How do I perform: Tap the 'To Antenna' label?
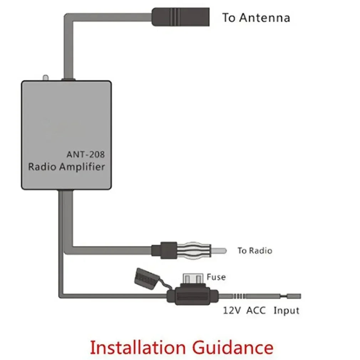click(x=256, y=17)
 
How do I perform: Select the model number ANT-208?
click(x=86, y=155)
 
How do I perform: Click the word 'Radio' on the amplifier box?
click(x=42, y=167)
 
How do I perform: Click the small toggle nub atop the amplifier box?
click(x=45, y=77)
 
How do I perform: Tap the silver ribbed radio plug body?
click(x=196, y=250)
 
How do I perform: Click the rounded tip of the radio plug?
click(x=221, y=251)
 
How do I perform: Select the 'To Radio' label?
click(x=254, y=251)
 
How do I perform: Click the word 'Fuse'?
click(x=216, y=277)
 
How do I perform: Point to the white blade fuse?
click(x=193, y=278)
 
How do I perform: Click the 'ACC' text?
click(x=257, y=310)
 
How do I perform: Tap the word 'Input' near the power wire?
click(x=286, y=310)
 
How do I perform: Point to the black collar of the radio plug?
click(x=165, y=250)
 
